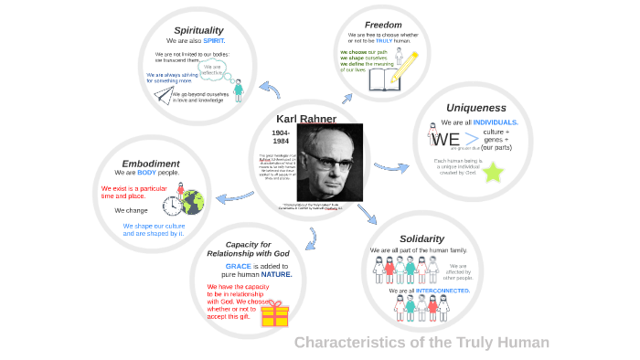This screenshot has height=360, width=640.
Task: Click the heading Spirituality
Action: point(198,30)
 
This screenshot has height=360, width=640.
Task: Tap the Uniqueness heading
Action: point(475,108)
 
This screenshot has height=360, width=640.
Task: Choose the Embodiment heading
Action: point(151,164)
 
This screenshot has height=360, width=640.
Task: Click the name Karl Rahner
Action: point(306,119)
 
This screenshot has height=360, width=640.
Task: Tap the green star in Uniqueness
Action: point(494,171)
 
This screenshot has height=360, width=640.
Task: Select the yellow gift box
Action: point(274,314)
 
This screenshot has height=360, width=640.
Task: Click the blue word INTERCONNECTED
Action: point(443,291)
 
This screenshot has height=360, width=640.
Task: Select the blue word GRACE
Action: point(238,265)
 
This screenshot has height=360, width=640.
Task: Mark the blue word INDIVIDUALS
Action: point(495,122)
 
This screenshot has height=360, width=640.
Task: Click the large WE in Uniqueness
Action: point(445,140)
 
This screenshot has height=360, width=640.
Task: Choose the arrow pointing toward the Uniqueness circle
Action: point(391,167)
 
